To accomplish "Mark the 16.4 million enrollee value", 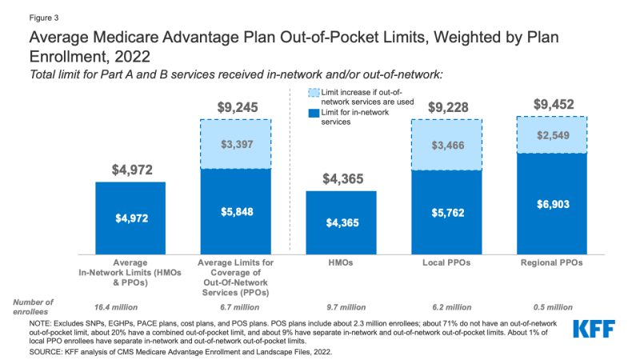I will (130, 306).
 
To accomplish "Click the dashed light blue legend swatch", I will (312, 95).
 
